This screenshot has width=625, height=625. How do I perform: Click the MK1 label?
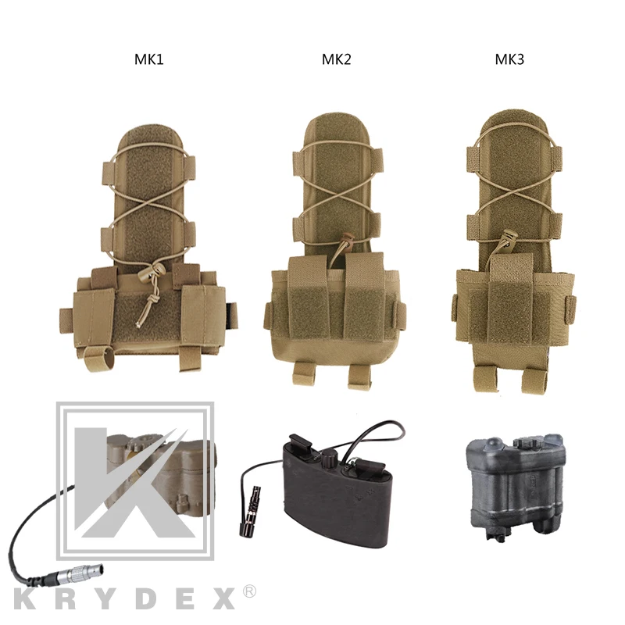click(149, 59)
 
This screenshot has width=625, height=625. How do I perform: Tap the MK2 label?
click(336, 59)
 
